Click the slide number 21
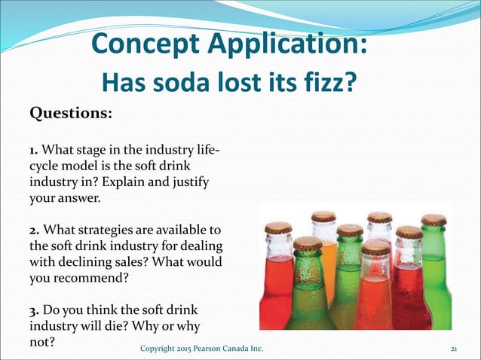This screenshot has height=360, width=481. pos(454,349)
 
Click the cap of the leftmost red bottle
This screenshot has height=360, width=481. pos(278,227)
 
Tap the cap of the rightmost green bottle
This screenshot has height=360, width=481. pos(434,220)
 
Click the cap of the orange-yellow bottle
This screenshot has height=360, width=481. pos(323,216)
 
